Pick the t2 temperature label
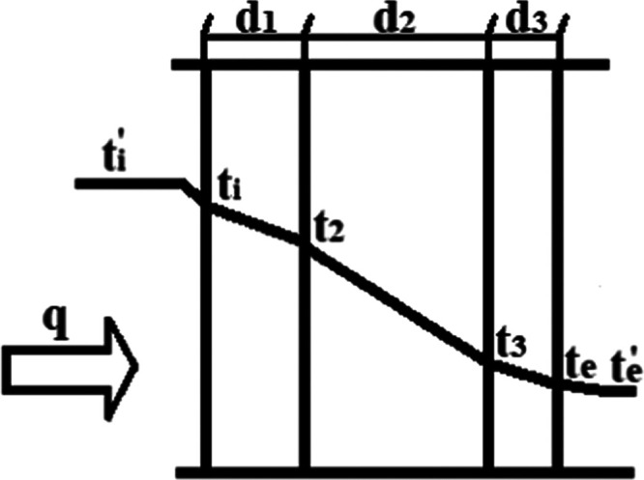[329, 229]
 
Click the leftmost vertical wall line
[207, 319]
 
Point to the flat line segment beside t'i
[131, 182]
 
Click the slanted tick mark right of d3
[561, 29]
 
